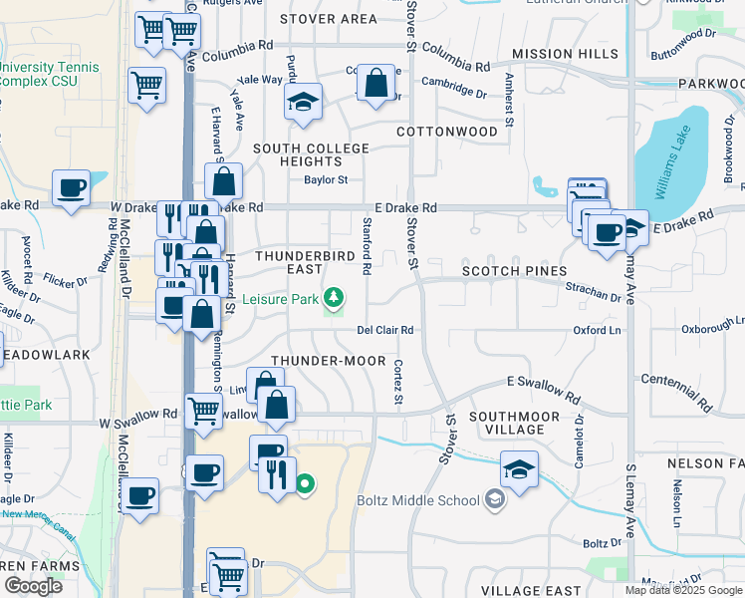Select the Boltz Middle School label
click(418, 499)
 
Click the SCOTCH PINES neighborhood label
click(514, 271)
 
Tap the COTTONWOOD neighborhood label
click(447, 132)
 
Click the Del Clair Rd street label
click(385, 330)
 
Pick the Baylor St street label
click(326, 180)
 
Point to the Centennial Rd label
click(677, 393)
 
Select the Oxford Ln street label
click(597, 330)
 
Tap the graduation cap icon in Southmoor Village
click(519, 468)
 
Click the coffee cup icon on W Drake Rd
click(72, 188)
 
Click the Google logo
click(33, 586)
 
